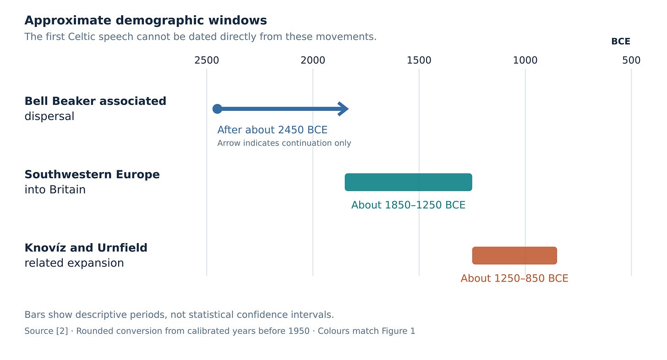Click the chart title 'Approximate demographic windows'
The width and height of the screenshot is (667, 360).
click(146, 21)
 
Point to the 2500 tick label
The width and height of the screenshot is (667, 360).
click(207, 60)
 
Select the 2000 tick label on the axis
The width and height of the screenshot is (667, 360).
click(312, 60)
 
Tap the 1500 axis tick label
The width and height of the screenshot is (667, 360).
click(419, 60)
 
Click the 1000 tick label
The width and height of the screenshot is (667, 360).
click(525, 60)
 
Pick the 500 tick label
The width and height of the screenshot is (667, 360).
click(631, 60)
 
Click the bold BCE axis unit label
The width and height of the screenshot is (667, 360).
click(621, 41)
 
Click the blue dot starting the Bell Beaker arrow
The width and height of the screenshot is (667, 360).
click(217, 109)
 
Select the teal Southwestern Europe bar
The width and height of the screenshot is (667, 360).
click(408, 182)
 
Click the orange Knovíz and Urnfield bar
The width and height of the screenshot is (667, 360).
click(514, 256)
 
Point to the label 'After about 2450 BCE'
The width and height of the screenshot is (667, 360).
click(273, 130)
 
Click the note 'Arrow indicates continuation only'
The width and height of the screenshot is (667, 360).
click(284, 143)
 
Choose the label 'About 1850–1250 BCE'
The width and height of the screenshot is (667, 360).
click(408, 205)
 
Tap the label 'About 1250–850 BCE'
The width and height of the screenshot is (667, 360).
click(514, 278)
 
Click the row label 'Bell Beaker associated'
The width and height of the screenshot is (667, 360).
click(95, 101)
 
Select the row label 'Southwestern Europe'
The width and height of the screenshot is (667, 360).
click(92, 175)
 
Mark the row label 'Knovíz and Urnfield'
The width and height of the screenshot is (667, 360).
click(86, 248)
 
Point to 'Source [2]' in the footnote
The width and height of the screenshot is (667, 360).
click(46, 331)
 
